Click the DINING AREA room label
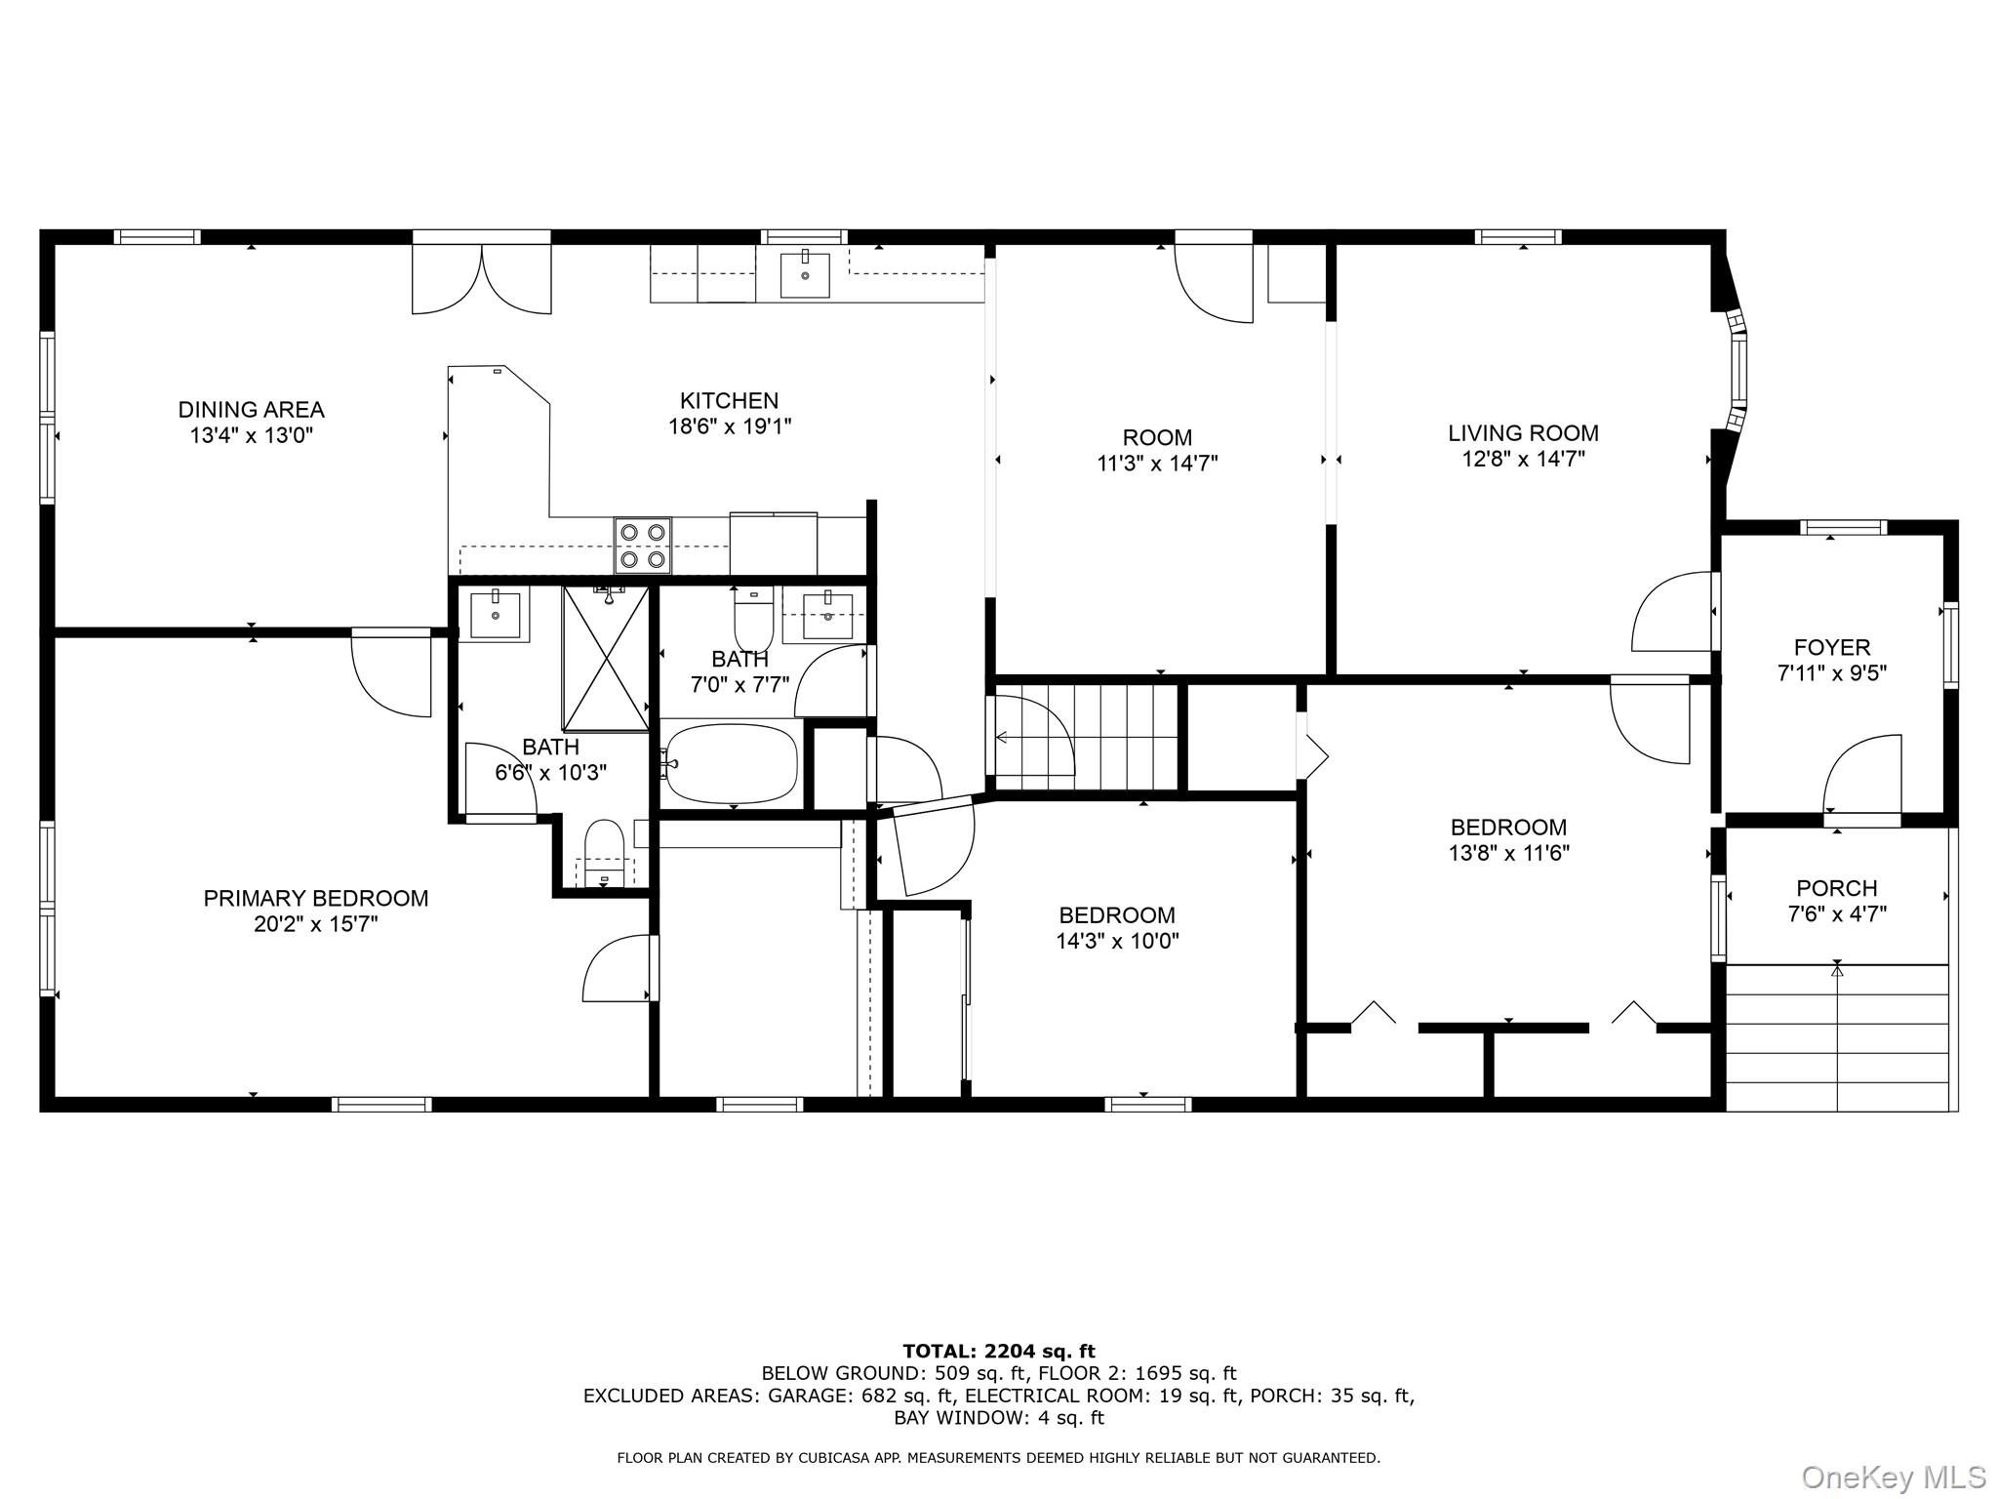coord(251,410)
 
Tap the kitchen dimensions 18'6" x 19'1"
coord(729,426)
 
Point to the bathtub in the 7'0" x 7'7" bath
coord(732,763)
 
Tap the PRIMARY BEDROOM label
coord(315,898)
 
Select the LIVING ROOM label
coord(1522,433)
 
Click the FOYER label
coord(1831,647)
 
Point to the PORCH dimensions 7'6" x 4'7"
coord(1836,914)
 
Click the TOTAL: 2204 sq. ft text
coord(998,1351)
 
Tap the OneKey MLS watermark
coord(1893,1477)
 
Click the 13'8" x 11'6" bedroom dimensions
coord(1507,853)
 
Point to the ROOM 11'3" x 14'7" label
coord(1157,450)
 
